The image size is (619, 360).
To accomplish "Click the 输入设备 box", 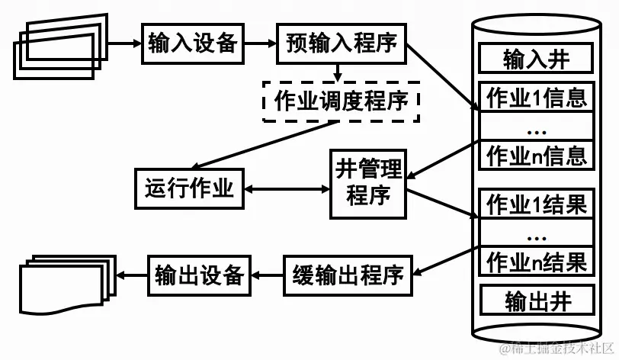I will (x=192, y=43).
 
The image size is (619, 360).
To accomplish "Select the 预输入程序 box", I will (x=342, y=43).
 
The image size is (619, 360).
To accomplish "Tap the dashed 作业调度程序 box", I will (x=342, y=101).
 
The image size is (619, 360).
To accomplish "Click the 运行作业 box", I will (x=190, y=188).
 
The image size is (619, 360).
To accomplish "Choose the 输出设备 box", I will (x=199, y=275).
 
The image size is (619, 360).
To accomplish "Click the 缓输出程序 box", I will (x=348, y=275).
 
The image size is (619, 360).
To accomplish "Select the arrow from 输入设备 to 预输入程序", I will (x=260, y=43).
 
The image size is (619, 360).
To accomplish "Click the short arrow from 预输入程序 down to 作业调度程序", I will (x=337, y=72).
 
